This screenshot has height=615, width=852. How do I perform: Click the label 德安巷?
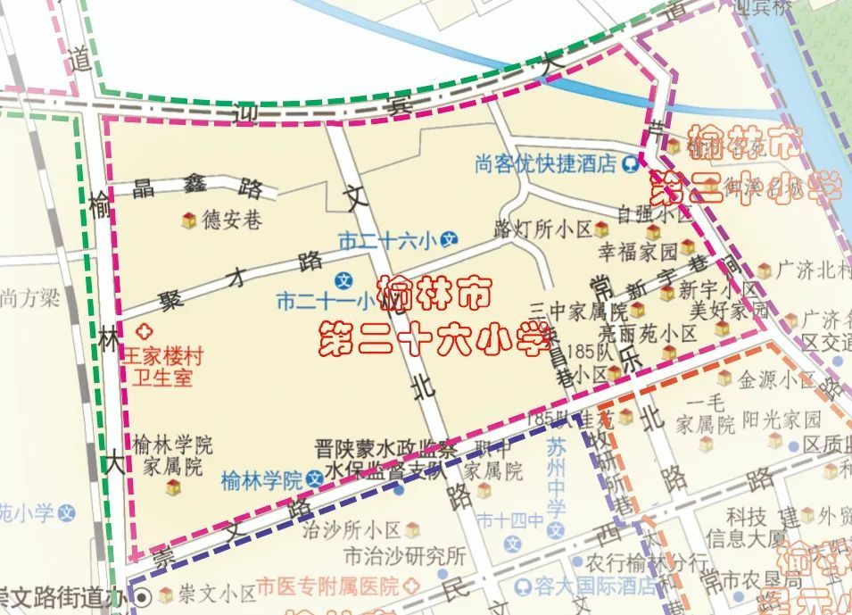[231, 220]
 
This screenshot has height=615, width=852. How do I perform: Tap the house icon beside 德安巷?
[189, 220]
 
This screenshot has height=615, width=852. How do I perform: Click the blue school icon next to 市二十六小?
[451, 239]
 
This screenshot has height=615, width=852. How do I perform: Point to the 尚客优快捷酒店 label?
[546, 163]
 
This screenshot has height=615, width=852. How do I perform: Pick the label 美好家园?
[729, 311]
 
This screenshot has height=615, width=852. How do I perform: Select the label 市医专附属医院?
[327, 587]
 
